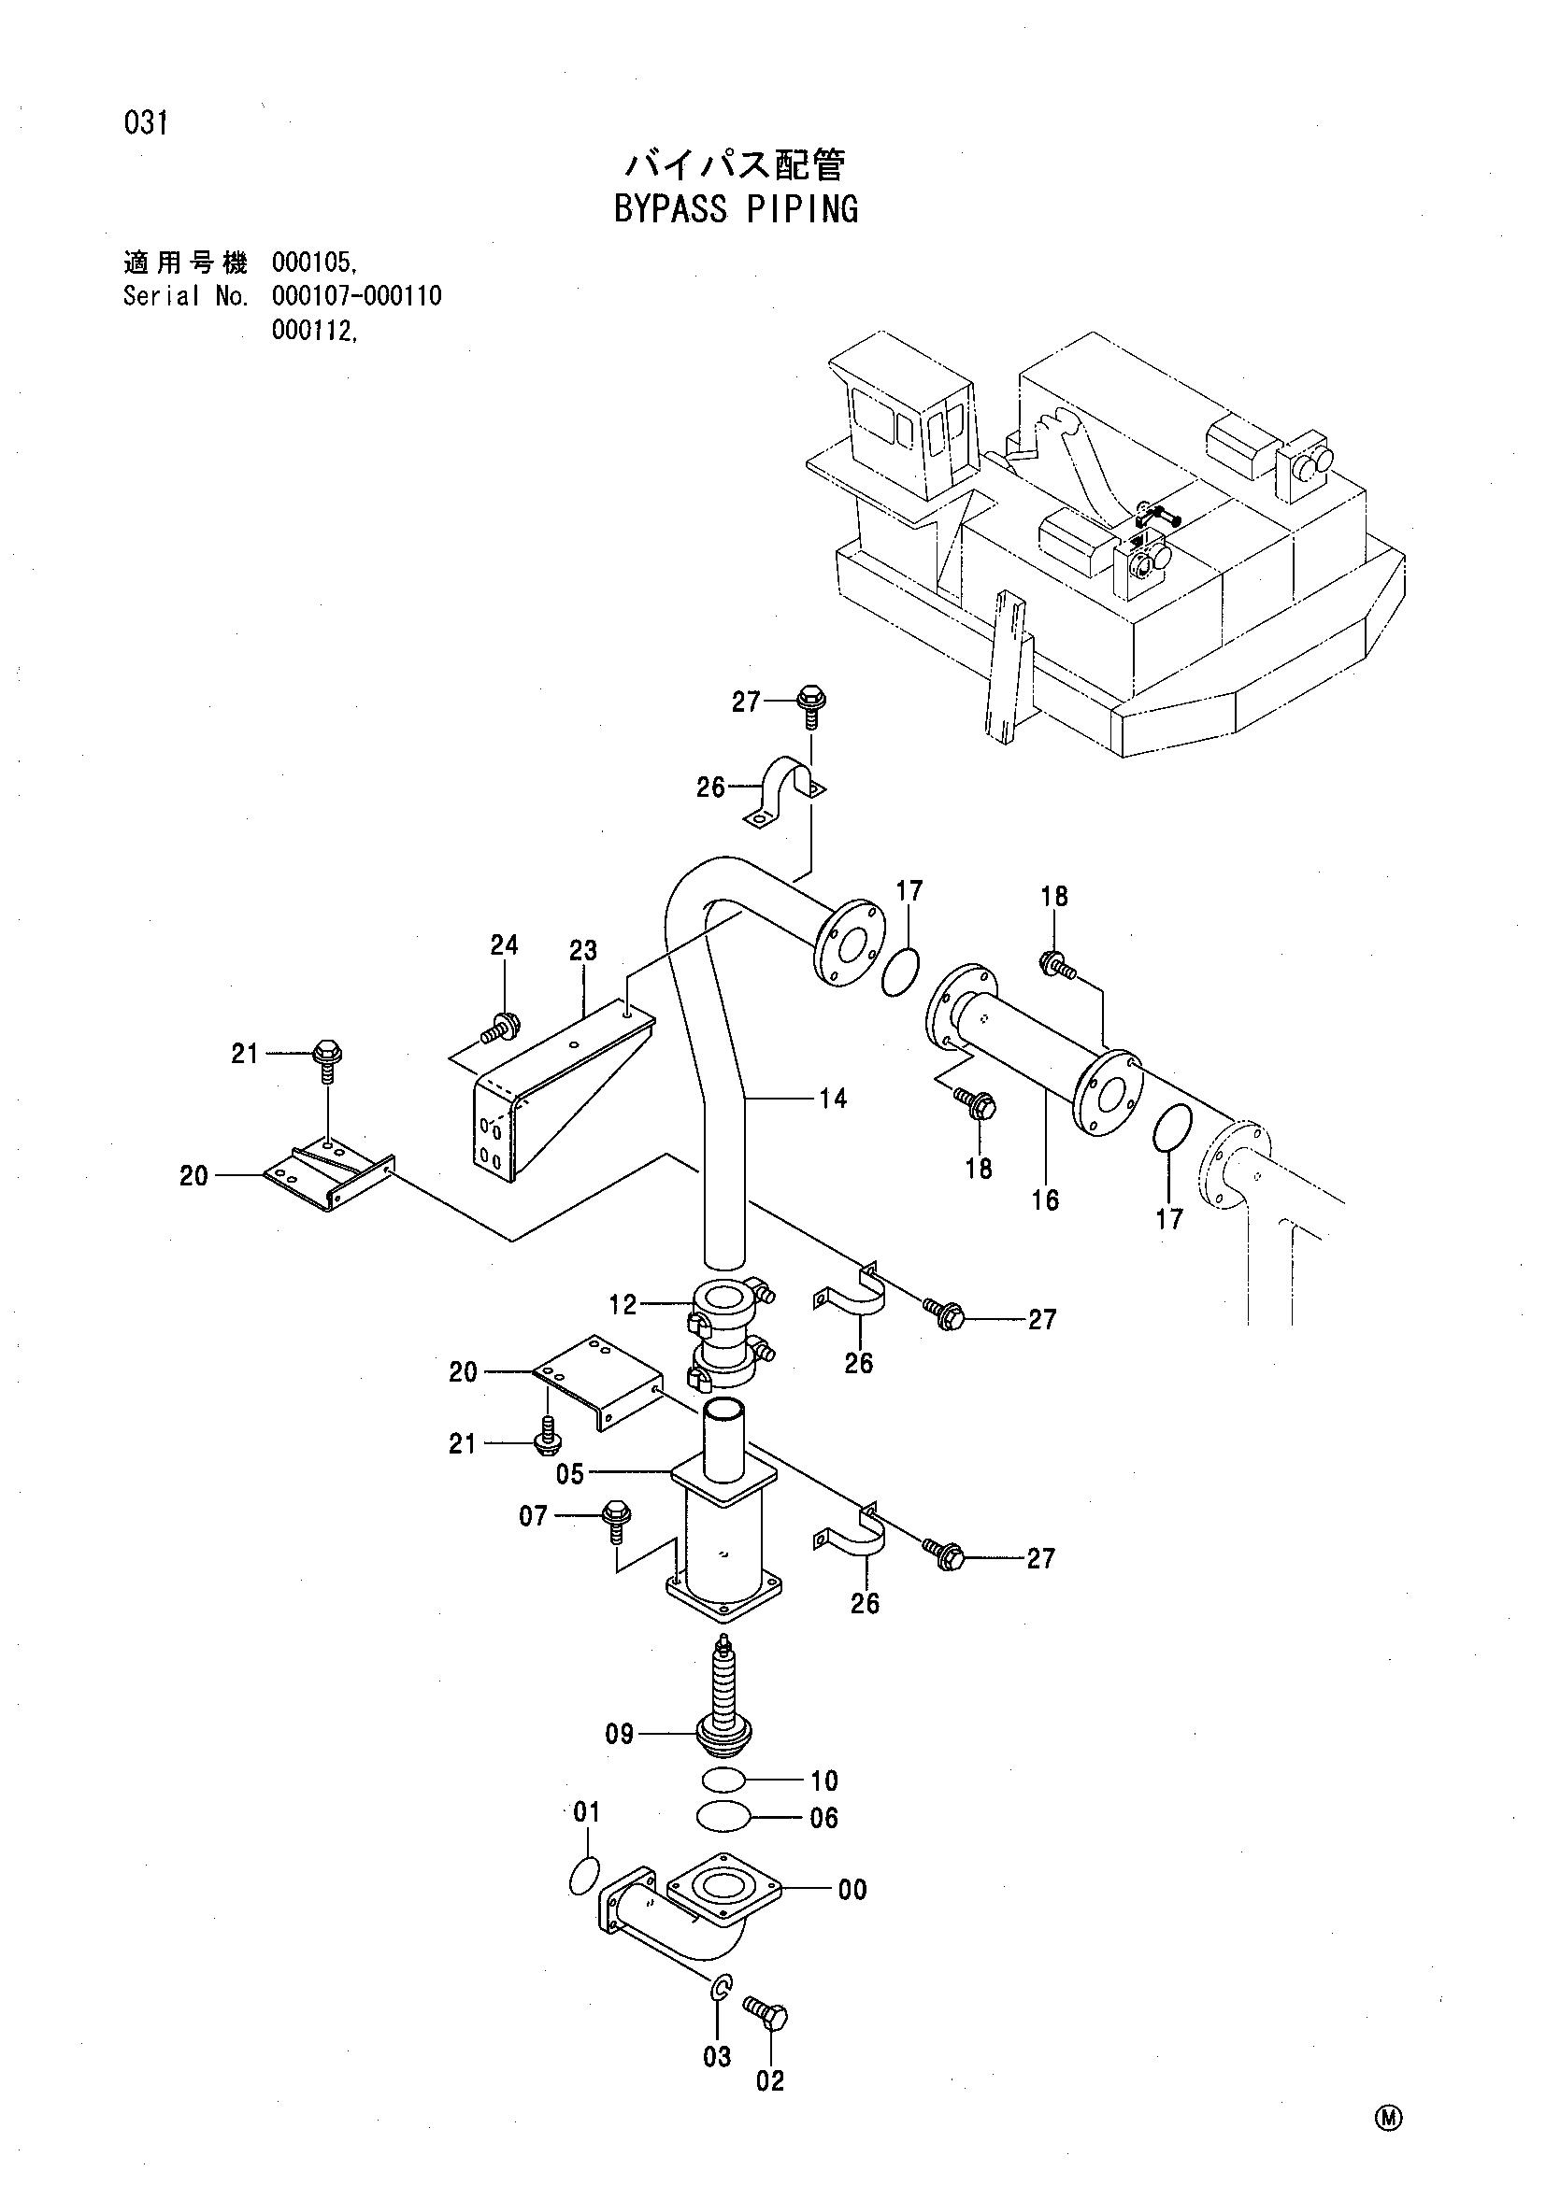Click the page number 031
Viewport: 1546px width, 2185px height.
click(x=146, y=122)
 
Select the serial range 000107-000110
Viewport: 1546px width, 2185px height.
click(x=357, y=296)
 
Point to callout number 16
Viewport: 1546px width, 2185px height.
click(x=1045, y=1200)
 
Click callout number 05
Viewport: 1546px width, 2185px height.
click(x=570, y=1474)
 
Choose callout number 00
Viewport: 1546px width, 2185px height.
click(x=852, y=1889)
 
